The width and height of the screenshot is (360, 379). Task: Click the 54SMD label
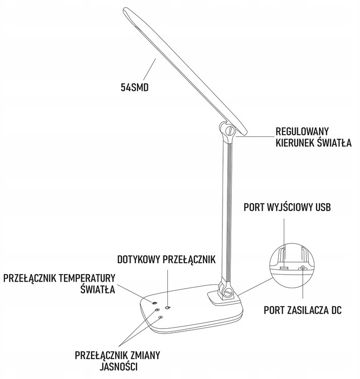(x=135, y=85)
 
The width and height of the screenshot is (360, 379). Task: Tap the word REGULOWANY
(x=303, y=131)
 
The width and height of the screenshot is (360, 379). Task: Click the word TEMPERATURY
(x=88, y=278)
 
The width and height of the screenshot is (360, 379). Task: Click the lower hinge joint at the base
(x=228, y=293)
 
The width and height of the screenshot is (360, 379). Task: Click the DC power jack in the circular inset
(x=303, y=268)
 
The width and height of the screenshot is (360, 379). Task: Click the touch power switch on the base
(x=168, y=307)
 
